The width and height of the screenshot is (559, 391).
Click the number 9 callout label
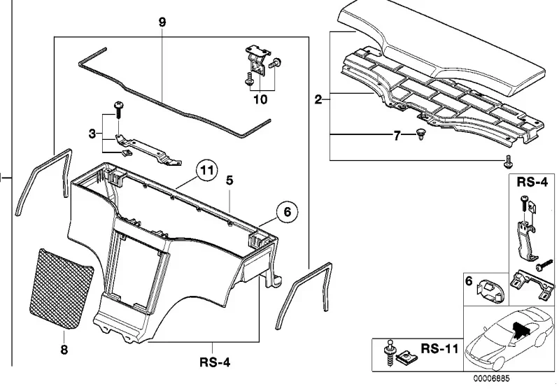tap(162, 22)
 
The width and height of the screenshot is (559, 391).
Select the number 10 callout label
tap(260, 99)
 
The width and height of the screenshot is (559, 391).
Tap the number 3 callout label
tap(92, 134)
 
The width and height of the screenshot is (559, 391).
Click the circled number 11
tap(207, 171)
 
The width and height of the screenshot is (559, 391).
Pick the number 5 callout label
tap(229, 180)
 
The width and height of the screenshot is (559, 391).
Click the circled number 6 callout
tap(288, 212)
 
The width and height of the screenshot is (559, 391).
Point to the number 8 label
tap(64, 350)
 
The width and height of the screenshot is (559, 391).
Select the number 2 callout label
tap(318, 99)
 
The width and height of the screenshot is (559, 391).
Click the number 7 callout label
tap(397, 136)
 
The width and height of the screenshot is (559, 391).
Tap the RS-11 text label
tap(439, 348)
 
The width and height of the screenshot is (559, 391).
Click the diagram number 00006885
tap(492, 378)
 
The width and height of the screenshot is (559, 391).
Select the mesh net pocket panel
tap(61, 288)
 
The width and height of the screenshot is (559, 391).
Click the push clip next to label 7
tap(420, 135)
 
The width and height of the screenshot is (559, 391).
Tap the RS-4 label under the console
tap(215, 362)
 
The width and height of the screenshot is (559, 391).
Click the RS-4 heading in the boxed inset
tap(532, 182)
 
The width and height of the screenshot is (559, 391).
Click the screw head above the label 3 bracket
tap(118, 105)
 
